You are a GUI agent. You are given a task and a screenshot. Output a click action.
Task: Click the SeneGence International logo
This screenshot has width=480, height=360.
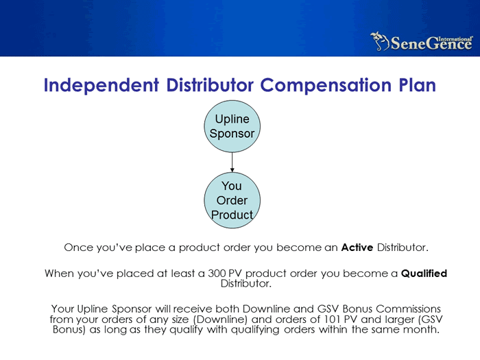[422, 42]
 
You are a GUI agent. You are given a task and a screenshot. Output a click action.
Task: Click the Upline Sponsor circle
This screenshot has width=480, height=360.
[232, 126]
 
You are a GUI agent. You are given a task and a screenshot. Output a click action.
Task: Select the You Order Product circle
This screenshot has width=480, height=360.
[232, 200]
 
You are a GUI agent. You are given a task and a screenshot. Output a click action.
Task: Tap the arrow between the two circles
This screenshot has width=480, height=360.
[232, 163]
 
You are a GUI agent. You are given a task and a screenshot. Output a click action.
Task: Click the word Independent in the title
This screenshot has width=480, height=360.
[101, 85]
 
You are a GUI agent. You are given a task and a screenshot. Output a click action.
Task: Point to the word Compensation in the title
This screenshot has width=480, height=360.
[326, 85]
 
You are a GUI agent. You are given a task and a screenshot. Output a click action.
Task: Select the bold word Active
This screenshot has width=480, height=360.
[357, 247]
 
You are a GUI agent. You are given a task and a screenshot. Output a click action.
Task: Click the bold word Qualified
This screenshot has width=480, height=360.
[424, 273]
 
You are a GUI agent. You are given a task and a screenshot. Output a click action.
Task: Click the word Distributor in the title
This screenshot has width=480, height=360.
[210, 85]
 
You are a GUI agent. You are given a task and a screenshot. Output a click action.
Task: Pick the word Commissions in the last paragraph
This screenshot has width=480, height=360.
[408, 309]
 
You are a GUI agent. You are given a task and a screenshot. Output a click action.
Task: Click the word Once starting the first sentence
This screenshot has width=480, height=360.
[78, 248]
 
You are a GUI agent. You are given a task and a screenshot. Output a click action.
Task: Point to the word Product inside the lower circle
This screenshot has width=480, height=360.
[232, 215]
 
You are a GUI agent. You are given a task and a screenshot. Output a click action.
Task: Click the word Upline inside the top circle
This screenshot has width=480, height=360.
[232, 119]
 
